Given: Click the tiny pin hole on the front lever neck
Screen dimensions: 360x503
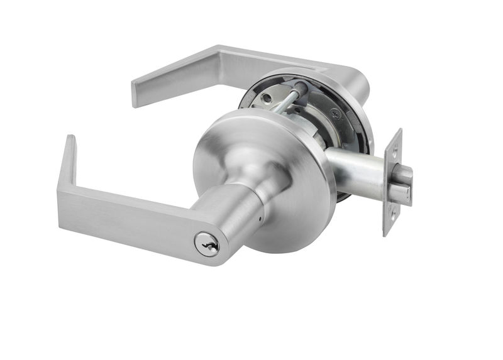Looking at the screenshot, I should click(x=259, y=221).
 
